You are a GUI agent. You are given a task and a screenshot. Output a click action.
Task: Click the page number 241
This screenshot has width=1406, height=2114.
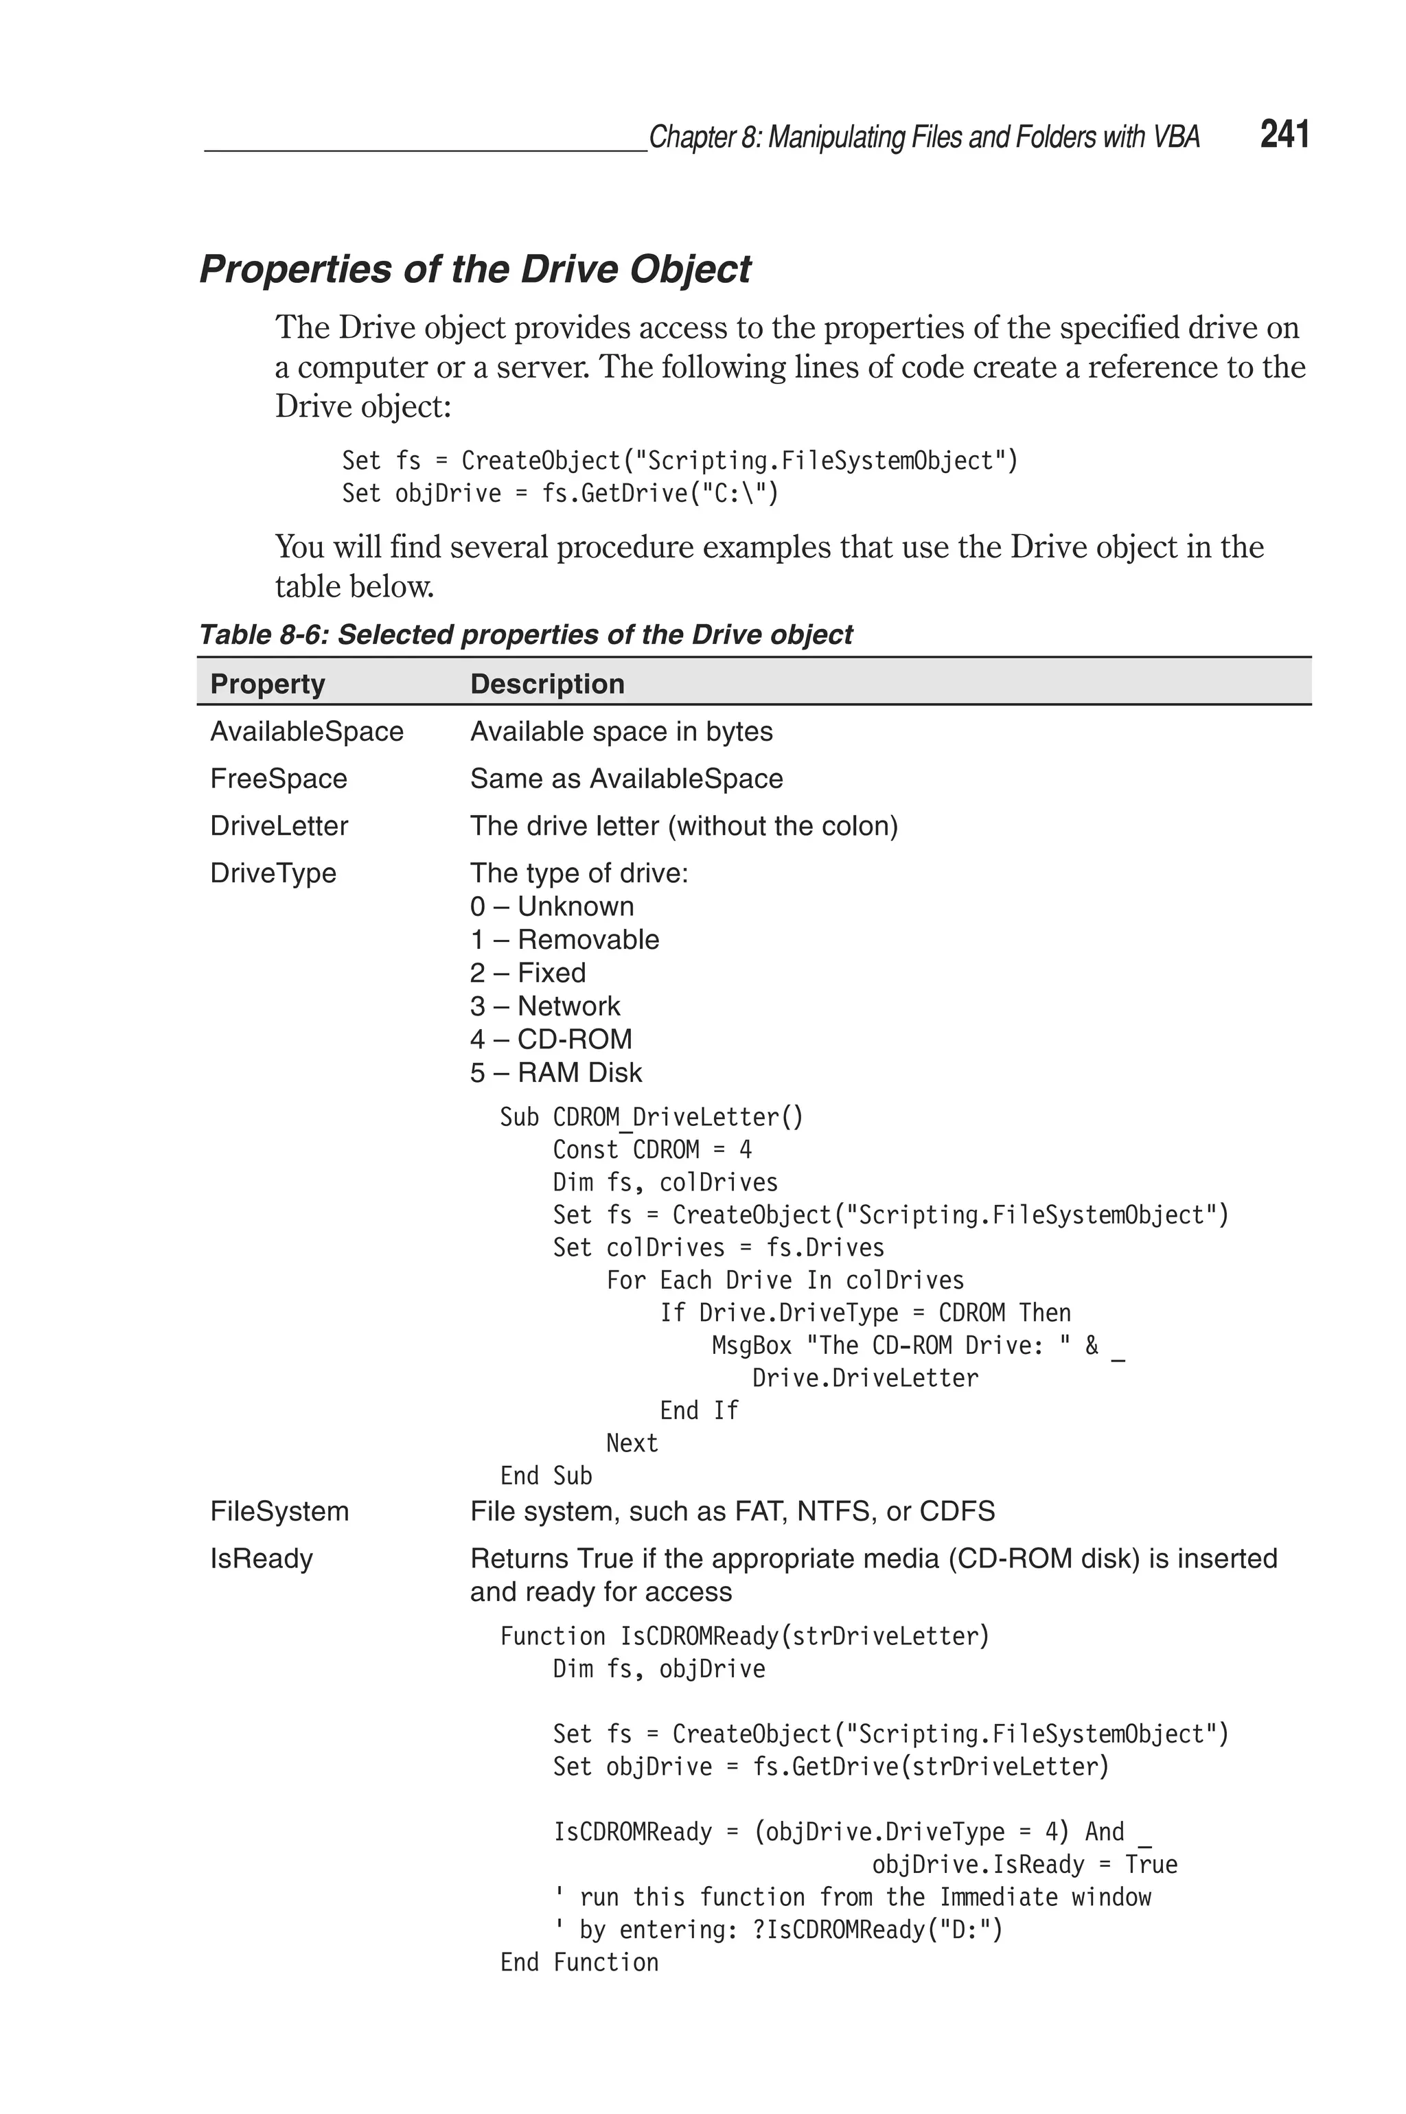pos(1284,135)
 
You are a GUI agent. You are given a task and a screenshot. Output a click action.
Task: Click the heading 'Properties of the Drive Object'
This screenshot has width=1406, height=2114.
pos(474,269)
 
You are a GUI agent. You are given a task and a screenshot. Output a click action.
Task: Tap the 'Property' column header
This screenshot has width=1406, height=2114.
pos(267,684)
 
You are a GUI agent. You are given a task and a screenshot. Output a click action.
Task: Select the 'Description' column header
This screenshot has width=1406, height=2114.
pos(547,684)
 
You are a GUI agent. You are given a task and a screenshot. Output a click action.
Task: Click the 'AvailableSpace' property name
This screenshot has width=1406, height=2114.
pos(307,732)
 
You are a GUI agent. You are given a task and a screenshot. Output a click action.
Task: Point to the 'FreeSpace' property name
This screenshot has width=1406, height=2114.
pos(278,778)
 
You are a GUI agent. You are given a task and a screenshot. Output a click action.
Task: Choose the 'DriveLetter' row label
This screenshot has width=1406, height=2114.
pos(279,826)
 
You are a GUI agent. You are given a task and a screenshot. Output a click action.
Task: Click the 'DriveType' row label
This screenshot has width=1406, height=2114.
pos(273,873)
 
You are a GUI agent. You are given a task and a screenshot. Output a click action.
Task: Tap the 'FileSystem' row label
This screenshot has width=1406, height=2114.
pos(279,1512)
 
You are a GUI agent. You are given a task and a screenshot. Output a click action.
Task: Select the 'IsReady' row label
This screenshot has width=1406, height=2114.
pos(261,1559)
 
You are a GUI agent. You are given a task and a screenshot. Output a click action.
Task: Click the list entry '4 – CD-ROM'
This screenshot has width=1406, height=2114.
pos(551,1039)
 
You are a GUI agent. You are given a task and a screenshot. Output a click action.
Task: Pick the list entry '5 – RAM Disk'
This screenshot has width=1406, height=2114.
pos(556,1072)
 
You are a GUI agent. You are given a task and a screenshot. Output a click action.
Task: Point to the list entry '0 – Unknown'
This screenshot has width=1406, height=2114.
pos(551,906)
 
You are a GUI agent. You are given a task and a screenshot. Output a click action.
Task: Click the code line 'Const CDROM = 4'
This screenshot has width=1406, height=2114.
pos(652,1149)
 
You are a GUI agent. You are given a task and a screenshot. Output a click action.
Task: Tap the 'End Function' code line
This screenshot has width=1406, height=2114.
pos(579,1962)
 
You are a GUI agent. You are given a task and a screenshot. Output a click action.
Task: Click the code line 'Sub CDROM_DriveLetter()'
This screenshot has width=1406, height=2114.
pos(651,1117)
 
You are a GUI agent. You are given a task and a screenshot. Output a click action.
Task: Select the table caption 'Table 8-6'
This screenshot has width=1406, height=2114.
pos(525,634)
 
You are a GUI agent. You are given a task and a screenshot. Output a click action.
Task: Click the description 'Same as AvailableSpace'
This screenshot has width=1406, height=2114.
pos(626,778)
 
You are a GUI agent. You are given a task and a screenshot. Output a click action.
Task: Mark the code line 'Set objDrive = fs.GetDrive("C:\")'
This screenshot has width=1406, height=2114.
pos(560,493)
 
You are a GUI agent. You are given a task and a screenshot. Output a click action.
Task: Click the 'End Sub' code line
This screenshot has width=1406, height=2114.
pos(546,1475)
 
